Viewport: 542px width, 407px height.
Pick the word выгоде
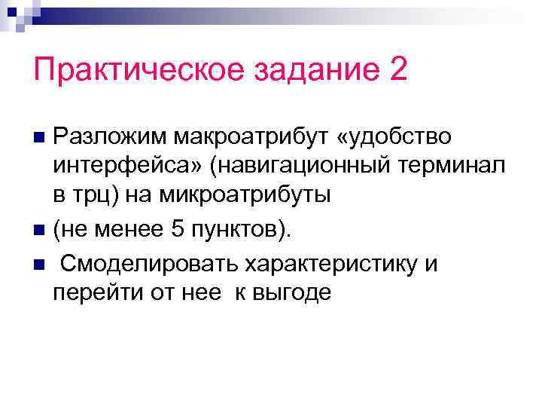click(292, 292)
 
